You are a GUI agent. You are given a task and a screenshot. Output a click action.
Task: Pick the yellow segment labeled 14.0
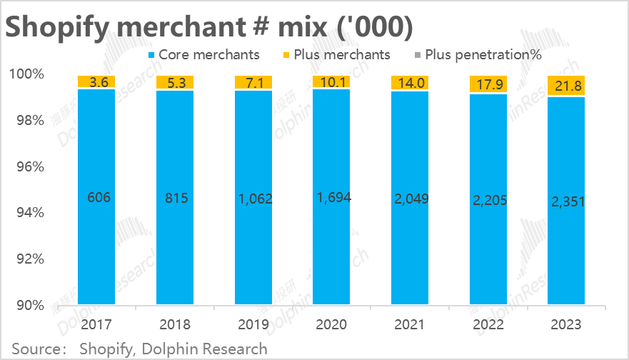click(410, 83)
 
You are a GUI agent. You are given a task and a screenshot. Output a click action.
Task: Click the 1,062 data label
click(253, 198)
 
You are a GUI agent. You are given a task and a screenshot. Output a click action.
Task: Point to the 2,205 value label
click(488, 201)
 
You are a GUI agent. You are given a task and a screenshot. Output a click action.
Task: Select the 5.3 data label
click(175, 82)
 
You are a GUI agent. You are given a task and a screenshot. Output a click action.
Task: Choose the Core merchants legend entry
click(203, 54)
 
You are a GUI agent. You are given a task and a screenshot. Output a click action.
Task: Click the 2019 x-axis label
click(253, 325)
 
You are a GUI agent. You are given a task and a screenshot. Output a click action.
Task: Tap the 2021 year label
click(410, 325)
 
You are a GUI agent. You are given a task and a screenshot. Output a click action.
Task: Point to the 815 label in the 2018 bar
click(175, 198)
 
